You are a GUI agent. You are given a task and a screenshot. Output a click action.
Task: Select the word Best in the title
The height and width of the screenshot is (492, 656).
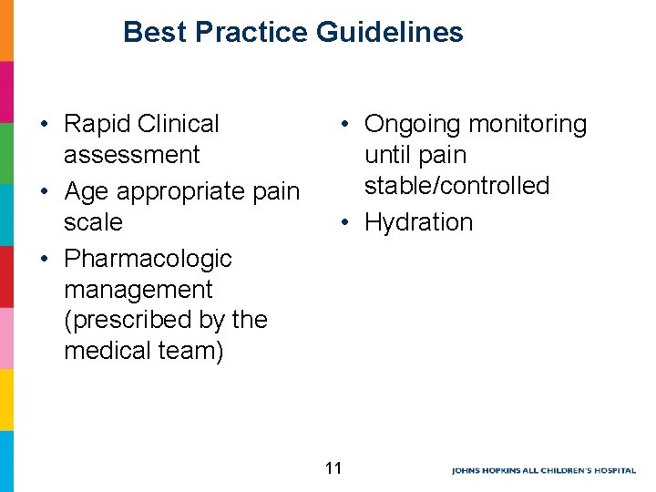pos(154,33)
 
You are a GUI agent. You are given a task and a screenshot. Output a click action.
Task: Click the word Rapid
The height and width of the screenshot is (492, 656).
pos(97,124)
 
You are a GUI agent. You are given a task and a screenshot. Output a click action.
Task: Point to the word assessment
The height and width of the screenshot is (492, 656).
pos(131,155)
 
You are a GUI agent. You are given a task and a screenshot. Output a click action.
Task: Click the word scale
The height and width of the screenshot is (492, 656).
pos(93,222)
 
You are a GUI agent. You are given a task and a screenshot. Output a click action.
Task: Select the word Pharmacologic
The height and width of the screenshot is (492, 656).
pos(148,259)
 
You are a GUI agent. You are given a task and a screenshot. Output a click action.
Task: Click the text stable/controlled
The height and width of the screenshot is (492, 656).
pos(456,186)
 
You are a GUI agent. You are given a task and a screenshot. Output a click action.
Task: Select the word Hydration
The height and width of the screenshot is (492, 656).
pos(418,222)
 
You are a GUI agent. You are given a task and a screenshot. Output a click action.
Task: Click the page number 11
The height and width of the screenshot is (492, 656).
pos(333,468)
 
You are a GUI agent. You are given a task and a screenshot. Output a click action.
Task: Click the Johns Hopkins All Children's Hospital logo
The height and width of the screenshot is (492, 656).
pos(543,470)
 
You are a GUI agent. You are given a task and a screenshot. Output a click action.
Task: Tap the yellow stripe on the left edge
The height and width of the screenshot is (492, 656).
pos(6,399)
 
